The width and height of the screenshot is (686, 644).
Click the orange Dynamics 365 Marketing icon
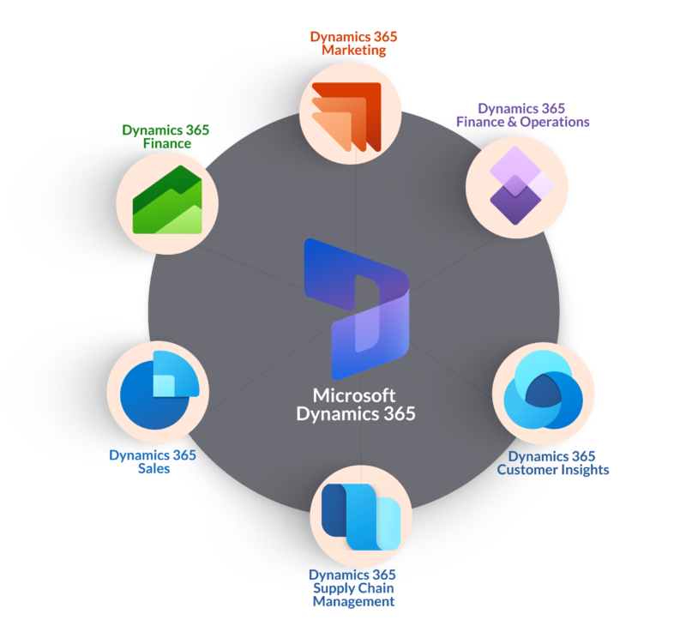(346, 117)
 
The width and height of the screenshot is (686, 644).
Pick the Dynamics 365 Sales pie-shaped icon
(159, 390)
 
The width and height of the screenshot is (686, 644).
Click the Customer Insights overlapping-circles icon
(544, 389)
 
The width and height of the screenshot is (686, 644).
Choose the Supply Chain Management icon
(361, 517)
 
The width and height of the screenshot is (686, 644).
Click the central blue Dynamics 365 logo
(357, 309)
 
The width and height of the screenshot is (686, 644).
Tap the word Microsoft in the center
(354, 395)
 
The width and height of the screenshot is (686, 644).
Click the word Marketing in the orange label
(354, 51)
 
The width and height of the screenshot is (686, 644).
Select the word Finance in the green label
(167, 143)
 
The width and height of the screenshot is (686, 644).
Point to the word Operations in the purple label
(555, 122)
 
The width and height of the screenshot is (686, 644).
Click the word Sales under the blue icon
(154, 468)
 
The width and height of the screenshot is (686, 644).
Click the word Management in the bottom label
(353, 602)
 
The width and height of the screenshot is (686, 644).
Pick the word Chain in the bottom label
(375, 588)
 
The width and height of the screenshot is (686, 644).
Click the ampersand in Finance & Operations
(512, 122)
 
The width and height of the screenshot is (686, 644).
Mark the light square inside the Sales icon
(164, 386)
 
